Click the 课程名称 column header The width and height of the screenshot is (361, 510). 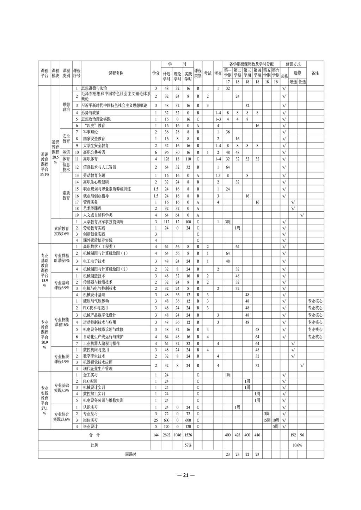[116, 73]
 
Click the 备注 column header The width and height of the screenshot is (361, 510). [315, 73]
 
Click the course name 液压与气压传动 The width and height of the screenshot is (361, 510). [96, 301]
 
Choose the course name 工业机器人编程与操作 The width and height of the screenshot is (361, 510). [101, 343]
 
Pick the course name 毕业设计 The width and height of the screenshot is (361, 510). [90, 427]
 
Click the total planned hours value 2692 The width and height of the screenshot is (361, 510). [166, 435]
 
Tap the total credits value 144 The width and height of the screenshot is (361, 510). [156, 435]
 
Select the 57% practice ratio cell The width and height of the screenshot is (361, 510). [188, 445]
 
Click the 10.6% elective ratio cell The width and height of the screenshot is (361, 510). [298, 445]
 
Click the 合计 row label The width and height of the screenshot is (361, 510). [94, 435]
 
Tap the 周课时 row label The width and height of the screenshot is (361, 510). [130, 454]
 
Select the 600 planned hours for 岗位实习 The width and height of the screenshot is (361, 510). [166, 420]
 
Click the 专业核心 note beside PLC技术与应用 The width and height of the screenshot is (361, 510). [315, 308]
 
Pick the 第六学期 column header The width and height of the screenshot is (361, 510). [276, 73]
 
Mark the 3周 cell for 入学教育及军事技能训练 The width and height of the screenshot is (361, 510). [228, 222]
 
